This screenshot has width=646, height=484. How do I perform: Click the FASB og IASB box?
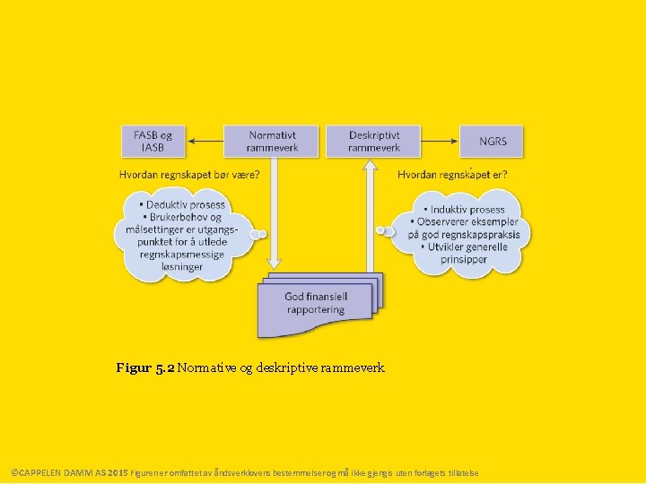pyautogui.click(x=153, y=141)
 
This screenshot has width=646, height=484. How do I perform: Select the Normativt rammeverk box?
pyautogui.click(x=272, y=141)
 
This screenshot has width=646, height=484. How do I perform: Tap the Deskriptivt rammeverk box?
pyautogui.click(x=374, y=141)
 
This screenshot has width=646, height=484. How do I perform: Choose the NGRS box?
pyautogui.click(x=492, y=141)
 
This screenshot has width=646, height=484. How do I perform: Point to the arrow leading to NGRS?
pyautogui.click(x=441, y=141)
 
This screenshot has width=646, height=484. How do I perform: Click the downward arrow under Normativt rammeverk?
pyautogui.click(x=275, y=215)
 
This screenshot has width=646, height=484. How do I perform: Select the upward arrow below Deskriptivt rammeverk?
pyautogui.click(x=369, y=215)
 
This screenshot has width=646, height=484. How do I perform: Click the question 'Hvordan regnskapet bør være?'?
pyautogui.click(x=189, y=175)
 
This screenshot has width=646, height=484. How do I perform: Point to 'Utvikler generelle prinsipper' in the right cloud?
pyautogui.click(x=464, y=253)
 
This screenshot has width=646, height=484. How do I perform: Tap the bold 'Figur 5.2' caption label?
pyautogui.click(x=145, y=367)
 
